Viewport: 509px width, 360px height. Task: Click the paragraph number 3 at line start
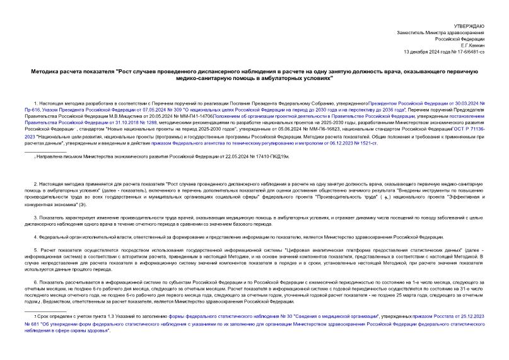pyautogui.click(x=35, y=216)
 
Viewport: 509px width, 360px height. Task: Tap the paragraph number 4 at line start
pyautogui.click(x=35, y=237)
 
